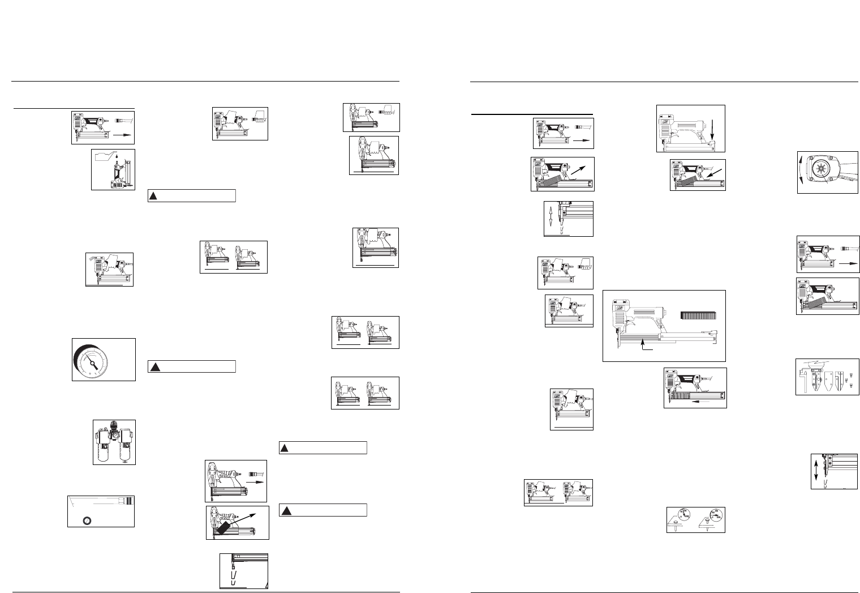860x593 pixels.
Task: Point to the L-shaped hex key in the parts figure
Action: (803, 378)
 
